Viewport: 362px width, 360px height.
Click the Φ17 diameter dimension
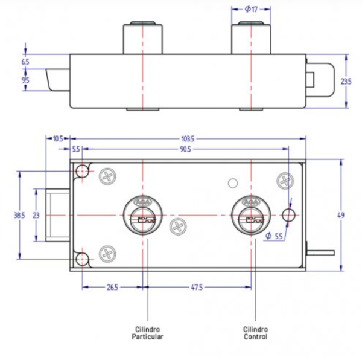coord(252,9)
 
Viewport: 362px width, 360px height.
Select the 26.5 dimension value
coord(112,287)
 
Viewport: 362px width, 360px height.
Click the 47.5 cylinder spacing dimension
coord(196,287)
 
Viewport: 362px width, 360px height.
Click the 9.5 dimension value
coord(25,80)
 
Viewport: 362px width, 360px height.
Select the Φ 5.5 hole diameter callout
coord(274,236)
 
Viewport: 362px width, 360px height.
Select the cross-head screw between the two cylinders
coord(177,227)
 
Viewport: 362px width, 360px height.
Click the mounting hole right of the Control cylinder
coord(288,215)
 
